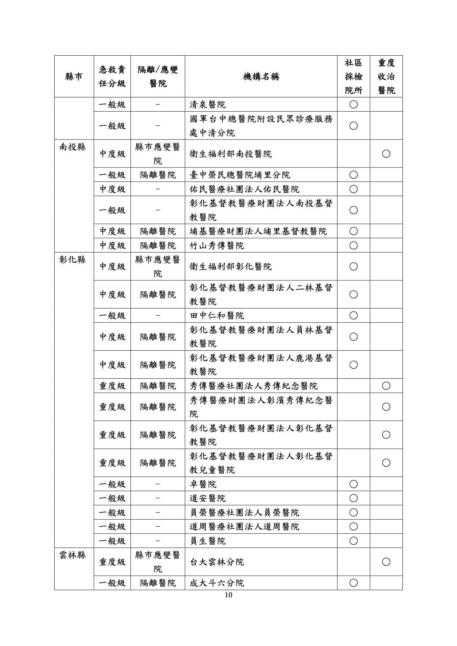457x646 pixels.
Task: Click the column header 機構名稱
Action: pos(261,77)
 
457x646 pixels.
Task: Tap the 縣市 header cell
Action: pos(74,77)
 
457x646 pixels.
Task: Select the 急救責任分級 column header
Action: pos(112,77)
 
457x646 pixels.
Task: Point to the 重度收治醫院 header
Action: pos(386,77)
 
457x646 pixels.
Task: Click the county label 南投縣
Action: pos(73,147)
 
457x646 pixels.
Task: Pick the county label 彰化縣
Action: pos(73,260)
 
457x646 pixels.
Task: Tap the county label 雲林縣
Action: pos(73,555)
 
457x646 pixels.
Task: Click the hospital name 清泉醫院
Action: pos(207,105)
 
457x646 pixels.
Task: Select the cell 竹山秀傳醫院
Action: pos(217,245)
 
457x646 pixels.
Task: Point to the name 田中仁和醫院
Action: pos(217,316)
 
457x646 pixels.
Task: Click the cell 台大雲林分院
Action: pos(217,562)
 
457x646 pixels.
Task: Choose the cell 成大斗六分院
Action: pos(217,583)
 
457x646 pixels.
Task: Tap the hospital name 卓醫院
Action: pos(203,484)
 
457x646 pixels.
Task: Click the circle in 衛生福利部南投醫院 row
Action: pos(386,154)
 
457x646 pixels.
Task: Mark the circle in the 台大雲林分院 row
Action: pos(386,562)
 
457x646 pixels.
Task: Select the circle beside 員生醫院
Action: pos(353,541)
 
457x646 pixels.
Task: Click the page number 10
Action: pos(228,595)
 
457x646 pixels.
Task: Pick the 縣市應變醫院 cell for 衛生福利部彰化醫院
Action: pos(158,266)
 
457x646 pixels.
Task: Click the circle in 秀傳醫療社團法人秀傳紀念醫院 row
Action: pos(386,386)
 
